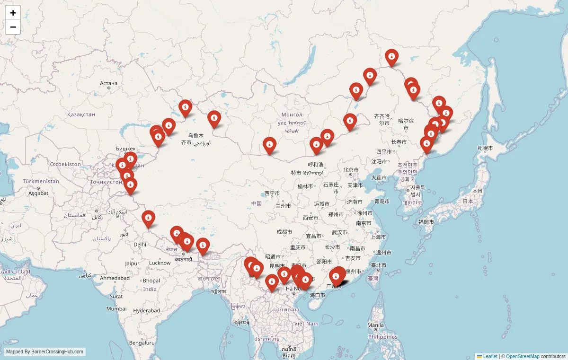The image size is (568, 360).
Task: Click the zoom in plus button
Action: click(x=13, y=13)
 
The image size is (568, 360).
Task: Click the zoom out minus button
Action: click(x=13, y=27)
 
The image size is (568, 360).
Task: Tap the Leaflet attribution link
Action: click(x=490, y=356)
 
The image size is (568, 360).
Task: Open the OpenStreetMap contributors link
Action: click(x=523, y=356)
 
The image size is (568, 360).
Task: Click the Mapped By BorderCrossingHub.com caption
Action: click(x=45, y=352)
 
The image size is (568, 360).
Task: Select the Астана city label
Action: click(x=108, y=83)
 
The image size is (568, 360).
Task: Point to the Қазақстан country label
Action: click(x=81, y=114)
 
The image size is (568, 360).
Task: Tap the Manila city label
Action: click(x=375, y=325)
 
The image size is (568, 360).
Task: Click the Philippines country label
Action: click(x=383, y=337)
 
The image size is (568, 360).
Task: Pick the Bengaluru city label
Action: click(x=142, y=342)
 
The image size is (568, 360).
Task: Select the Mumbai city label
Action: click(x=116, y=308)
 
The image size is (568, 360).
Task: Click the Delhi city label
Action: click(x=140, y=245)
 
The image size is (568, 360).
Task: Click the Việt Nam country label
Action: click(x=306, y=324)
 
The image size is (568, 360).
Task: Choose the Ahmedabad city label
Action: click(x=115, y=278)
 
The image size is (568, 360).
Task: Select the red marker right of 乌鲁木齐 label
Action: click(x=214, y=119)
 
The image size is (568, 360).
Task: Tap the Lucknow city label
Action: click(x=160, y=263)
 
